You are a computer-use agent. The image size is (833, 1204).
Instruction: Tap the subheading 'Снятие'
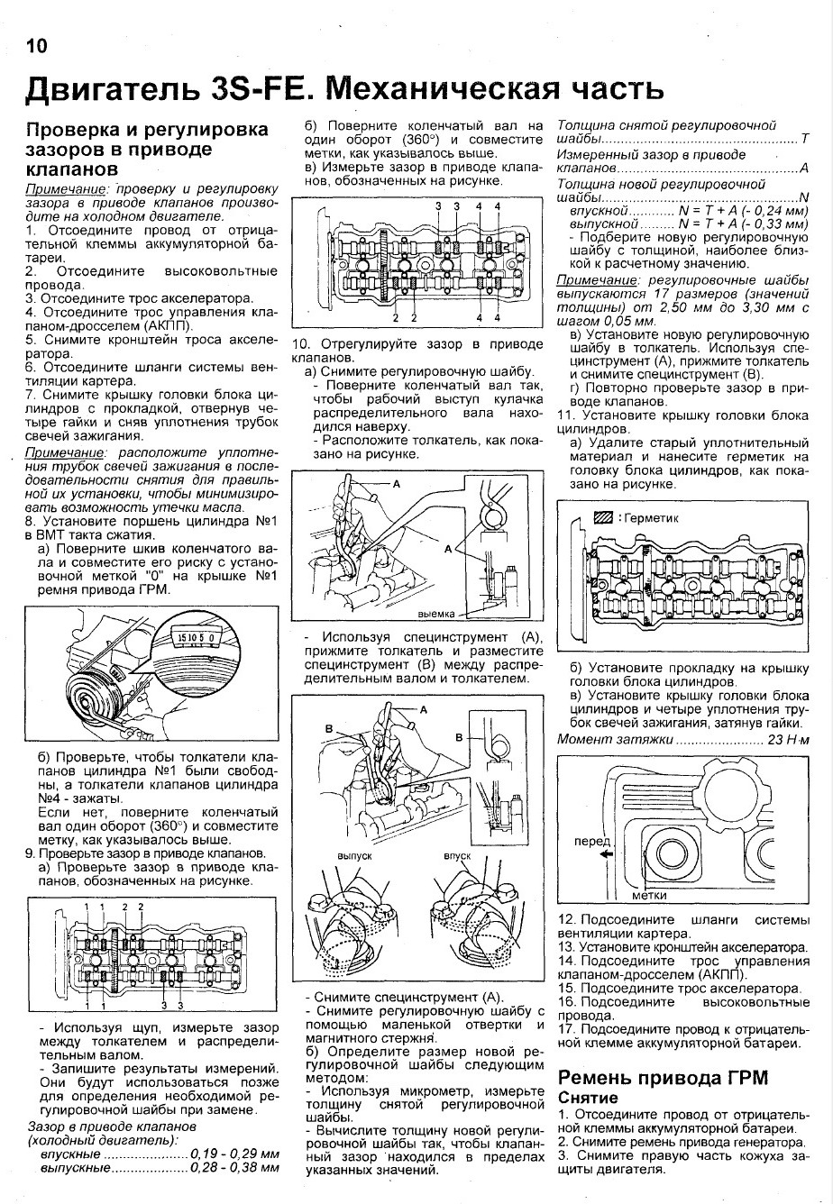coord(589,1098)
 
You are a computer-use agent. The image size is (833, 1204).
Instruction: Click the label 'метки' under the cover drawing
coord(650,896)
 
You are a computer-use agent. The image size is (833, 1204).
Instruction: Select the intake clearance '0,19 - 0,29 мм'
coord(234,1154)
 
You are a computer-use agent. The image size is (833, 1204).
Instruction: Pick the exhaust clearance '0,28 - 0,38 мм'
coord(234,1168)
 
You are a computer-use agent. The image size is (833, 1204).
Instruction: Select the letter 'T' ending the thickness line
coord(804,140)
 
